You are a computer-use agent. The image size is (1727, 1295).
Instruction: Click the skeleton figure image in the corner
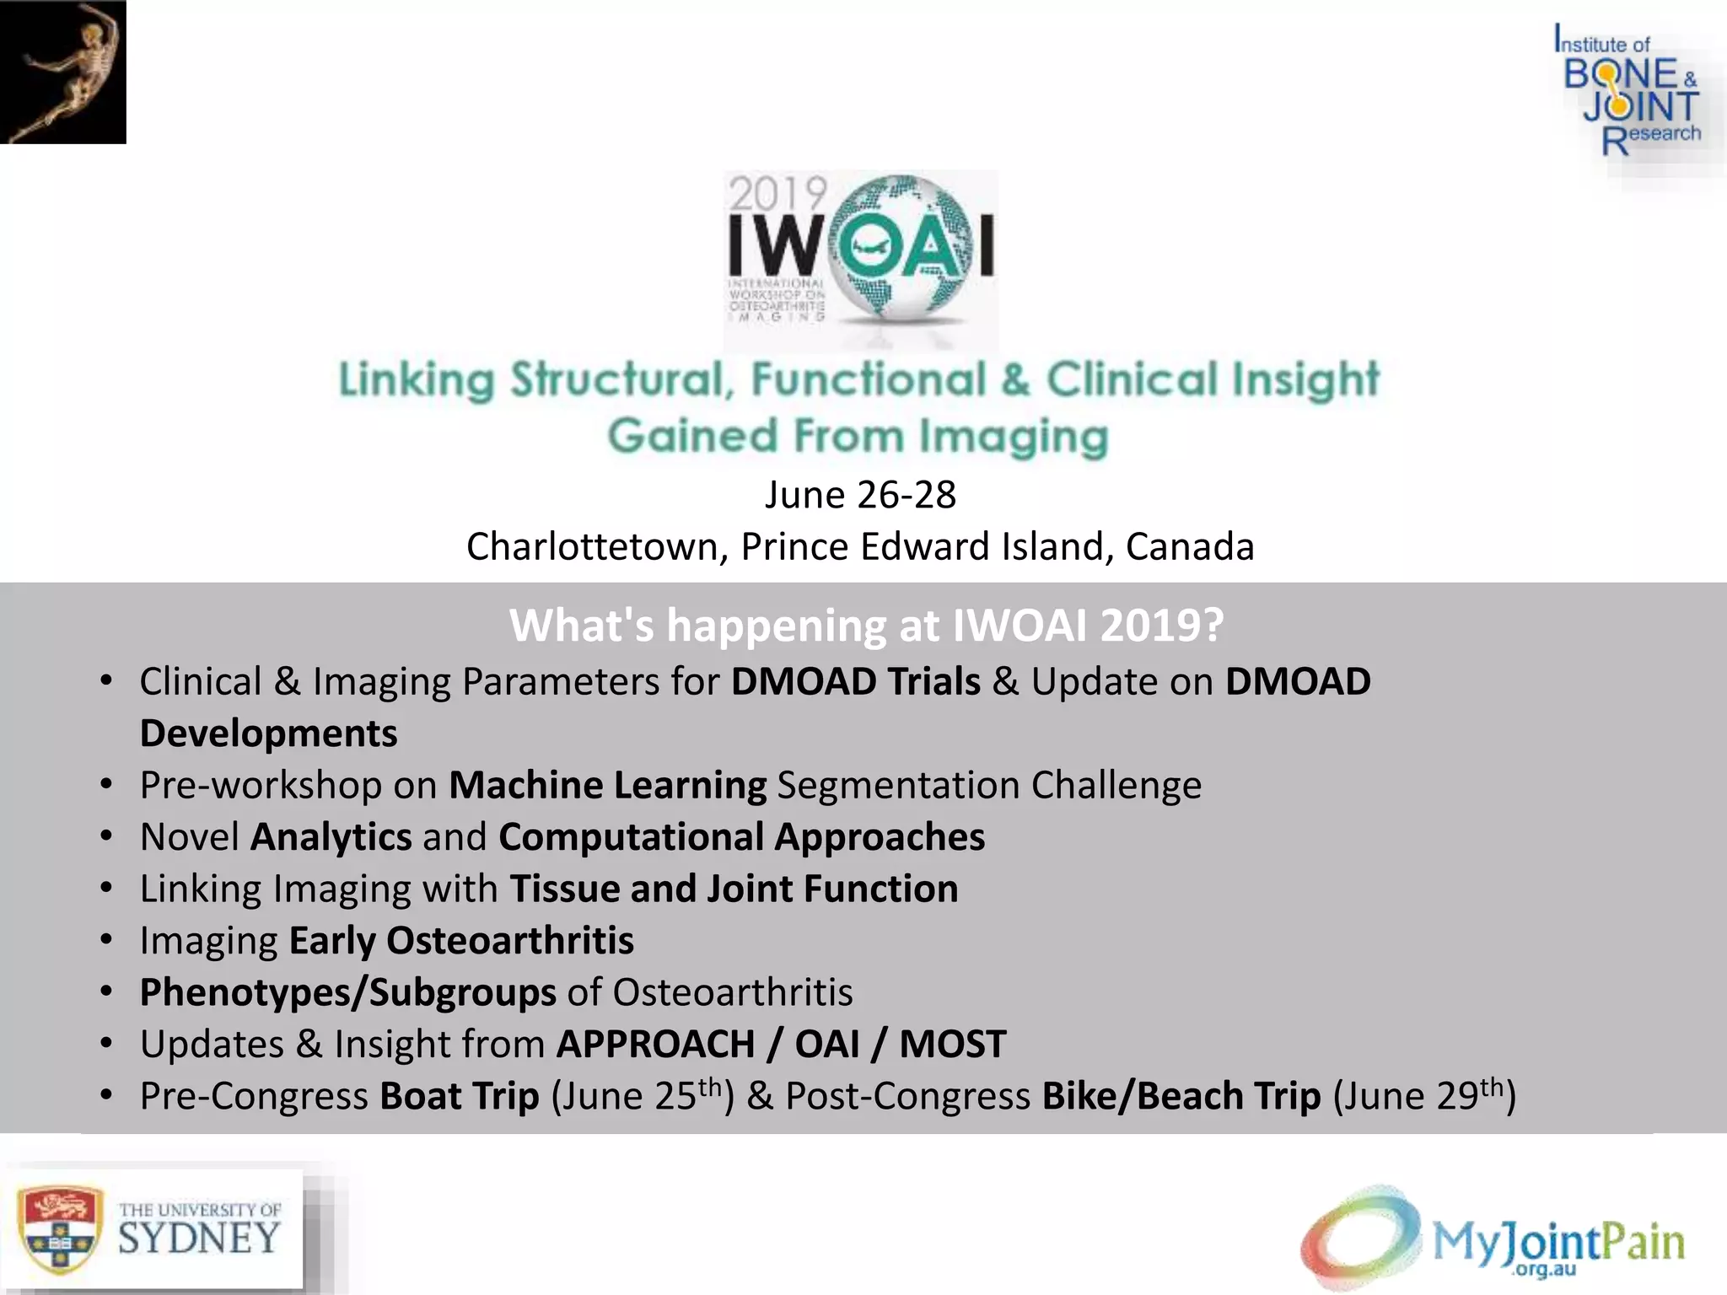coord(63,72)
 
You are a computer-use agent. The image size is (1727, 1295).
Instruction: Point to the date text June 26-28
coord(860,495)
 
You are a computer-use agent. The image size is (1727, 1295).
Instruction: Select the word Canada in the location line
coord(1190,546)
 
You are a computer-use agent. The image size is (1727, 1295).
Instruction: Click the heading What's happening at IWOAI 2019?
coord(865,626)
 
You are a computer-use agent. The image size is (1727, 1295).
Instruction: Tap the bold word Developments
coord(268,733)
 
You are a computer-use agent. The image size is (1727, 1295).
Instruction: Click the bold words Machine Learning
coord(607,785)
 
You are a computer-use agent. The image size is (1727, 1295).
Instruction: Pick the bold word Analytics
coord(331,837)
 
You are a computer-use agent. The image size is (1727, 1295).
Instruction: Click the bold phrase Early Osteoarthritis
coord(461,941)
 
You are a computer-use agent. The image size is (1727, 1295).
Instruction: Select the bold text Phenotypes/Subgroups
coord(347,992)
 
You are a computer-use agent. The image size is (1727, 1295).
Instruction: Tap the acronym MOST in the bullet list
coord(952,1044)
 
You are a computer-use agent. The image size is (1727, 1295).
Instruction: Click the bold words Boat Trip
coord(459,1096)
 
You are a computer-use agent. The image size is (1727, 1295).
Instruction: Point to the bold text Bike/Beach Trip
coord(1181,1096)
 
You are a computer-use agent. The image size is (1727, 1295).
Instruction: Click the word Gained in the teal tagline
coord(692,436)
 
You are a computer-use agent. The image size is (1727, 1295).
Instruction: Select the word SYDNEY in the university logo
coord(199,1239)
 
